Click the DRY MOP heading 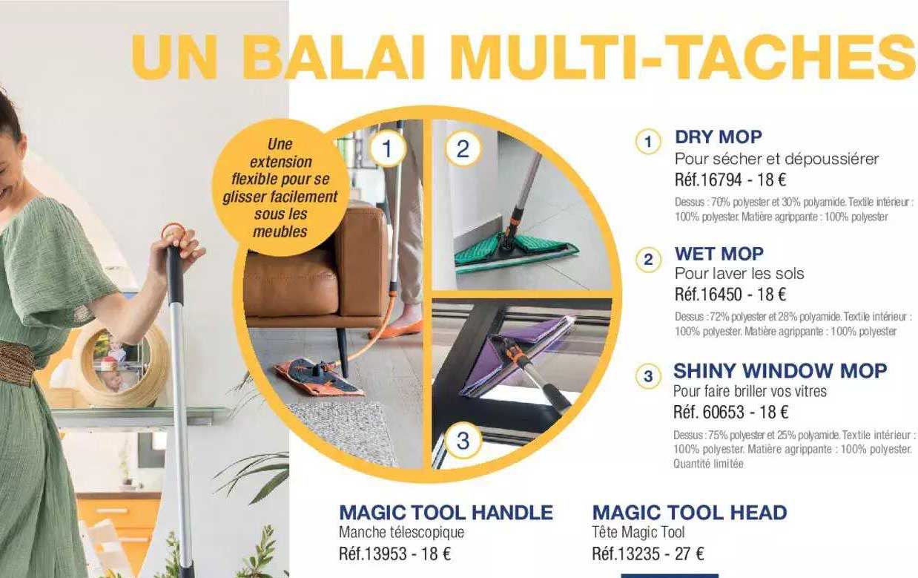pyautogui.click(x=718, y=137)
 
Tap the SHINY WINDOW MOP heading pyautogui.click(x=779, y=370)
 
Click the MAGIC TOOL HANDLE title pyautogui.click(x=446, y=512)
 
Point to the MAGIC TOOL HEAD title pyautogui.click(x=689, y=512)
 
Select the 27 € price pyautogui.click(x=690, y=554)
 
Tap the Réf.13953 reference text pyautogui.click(x=374, y=554)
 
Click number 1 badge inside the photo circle pyautogui.click(x=386, y=149)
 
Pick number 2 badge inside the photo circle pyautogui.click(x=463, y=149)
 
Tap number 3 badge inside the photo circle pyautogui.click(x=463, y=441)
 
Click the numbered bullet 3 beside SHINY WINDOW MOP pyautogui.click(x=648, y=376)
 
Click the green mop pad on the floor pyautogui.click(x=512, y=249)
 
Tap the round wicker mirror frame pyautogui.click(x=122, y=364)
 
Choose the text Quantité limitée pyautogui.click(x=708, y=464)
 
